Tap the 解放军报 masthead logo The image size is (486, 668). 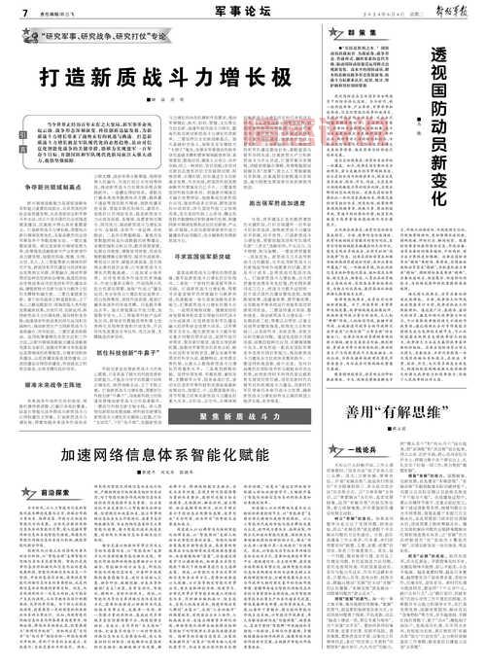click(454, 11)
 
